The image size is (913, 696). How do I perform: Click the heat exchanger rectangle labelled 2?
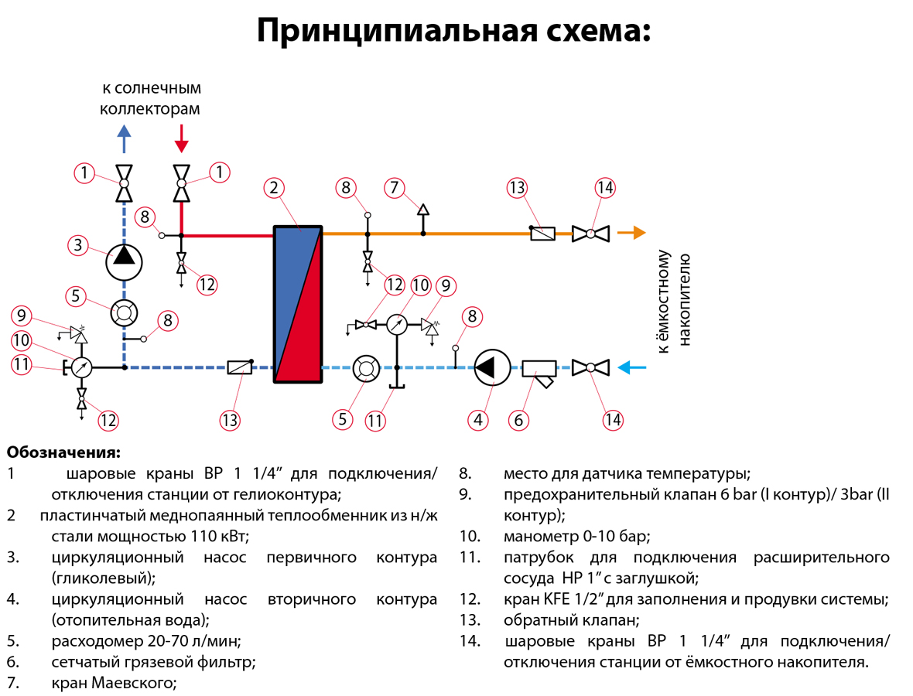298,303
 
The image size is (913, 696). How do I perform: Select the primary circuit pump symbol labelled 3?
124,258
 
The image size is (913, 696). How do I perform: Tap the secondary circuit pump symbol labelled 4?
491,368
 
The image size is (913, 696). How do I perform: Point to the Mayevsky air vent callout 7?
394,188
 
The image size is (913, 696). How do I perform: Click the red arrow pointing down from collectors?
181,139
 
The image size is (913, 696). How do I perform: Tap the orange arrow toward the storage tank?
635,232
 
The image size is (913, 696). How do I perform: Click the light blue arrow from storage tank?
636,368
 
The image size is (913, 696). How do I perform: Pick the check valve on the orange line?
542,233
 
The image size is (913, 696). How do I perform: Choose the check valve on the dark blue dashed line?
240,368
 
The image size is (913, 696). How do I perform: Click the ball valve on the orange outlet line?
590,233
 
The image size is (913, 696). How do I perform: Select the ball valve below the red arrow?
181,183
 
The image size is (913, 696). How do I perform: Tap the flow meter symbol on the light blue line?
364,368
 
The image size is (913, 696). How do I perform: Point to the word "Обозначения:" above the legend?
63,452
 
